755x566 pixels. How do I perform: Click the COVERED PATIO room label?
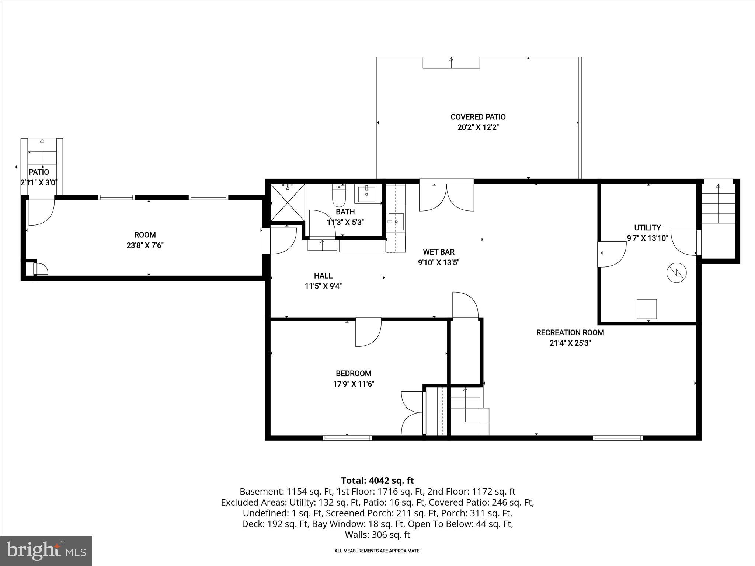tap(478, 117)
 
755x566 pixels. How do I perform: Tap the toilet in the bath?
tap(339, 196)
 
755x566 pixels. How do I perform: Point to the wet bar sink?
tap(396, 222)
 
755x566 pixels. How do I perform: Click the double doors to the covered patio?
tap(446, 198)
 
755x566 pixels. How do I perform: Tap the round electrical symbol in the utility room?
tap(676, 273)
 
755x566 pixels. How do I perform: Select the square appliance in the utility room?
tap(647, 309)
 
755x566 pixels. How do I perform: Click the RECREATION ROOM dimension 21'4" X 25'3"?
tap(570, 343)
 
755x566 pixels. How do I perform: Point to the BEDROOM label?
tap(353, 373)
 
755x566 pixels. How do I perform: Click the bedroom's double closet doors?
tap(412, 413)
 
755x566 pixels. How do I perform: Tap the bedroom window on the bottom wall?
tap(347, 438)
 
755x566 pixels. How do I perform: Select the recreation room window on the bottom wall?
tap(617, 438)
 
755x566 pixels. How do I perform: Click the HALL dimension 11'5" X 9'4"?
tap(323, 286)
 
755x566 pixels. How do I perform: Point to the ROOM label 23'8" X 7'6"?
tap(145, 235)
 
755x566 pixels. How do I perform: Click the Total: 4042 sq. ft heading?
tap(377, 481)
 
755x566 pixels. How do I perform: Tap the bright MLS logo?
tap(46, 551)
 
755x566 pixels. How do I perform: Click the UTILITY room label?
tap(647, 228)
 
